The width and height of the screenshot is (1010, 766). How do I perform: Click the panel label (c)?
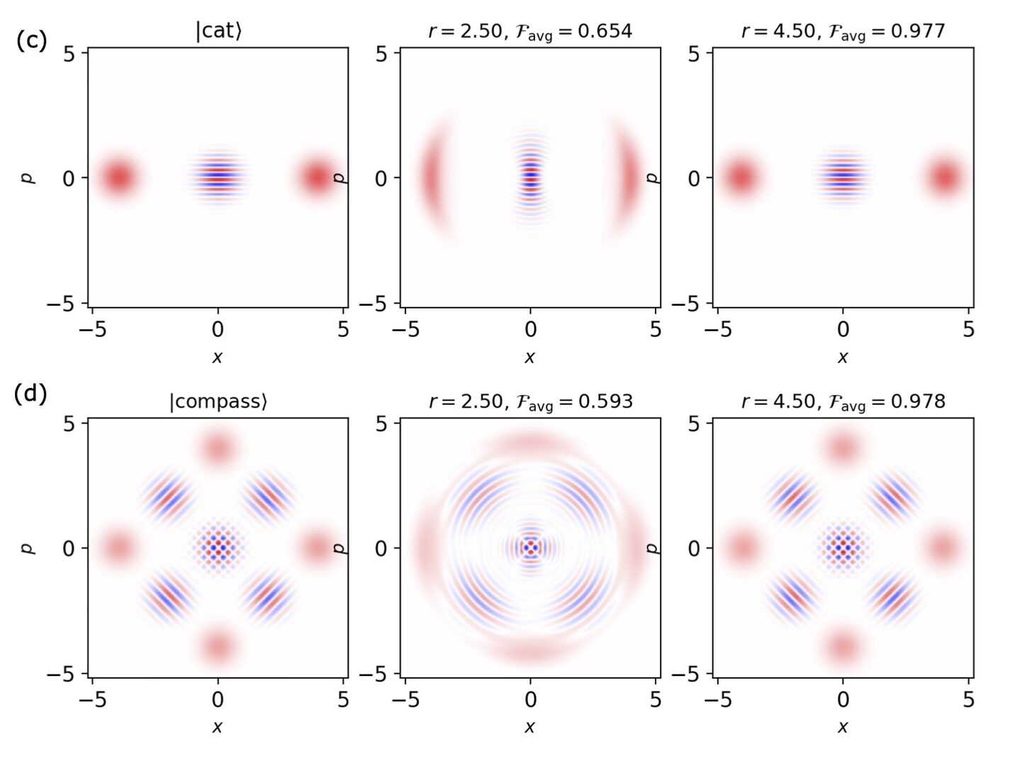(x=31, y=40)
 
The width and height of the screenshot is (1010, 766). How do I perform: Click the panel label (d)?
(x=30, y=392)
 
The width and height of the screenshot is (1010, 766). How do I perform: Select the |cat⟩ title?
(x=218, y=31)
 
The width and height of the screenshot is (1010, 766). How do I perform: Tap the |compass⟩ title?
(x=218, y=401)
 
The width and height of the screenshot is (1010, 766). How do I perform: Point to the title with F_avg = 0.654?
(x=530, y=31)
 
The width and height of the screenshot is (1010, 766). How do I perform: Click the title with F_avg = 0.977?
(x=843, y=31)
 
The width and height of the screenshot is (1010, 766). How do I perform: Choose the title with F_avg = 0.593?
(x=530, y=401)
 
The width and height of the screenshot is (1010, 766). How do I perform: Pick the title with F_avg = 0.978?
(x=843, y=401)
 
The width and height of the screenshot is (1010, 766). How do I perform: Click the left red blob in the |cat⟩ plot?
(x=118, y=177)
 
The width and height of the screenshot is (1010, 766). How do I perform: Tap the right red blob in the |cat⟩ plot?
(x=317, y=177)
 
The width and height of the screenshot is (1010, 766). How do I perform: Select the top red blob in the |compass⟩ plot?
(x=218, y=448)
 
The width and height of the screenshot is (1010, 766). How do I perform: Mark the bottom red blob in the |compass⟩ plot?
(x=218, y=647)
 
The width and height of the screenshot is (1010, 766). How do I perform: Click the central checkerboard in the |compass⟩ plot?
(x=218, y=547)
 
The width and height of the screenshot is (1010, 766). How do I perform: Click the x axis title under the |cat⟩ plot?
(x=218, y=357)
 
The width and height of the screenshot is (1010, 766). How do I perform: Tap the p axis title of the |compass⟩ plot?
(x=29, y=548)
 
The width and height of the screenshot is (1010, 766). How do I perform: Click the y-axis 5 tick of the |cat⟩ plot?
(x=69, y=54)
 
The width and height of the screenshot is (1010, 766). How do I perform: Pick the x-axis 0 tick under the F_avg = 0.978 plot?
(x=843, y=699)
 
